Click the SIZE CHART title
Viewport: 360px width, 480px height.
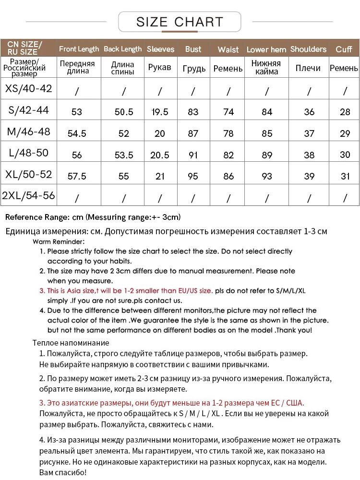(180, 22)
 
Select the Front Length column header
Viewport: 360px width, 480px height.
(79, 49)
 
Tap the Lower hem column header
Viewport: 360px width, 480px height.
(266, 49)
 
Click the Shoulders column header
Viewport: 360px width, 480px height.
(308, 49)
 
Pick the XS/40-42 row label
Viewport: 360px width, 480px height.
(28, 89)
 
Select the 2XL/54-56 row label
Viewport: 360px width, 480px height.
(28, 196)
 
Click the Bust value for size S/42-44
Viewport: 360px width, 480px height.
(193, 112)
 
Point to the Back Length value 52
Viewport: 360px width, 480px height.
(124, 133)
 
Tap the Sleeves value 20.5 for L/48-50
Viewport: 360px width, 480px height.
(160, 155)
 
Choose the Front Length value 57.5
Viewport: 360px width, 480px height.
(77, 176)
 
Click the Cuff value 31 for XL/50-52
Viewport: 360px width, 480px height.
(345, 176)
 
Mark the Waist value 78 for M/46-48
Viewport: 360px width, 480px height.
(228, 133)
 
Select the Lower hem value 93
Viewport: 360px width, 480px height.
(267, 176)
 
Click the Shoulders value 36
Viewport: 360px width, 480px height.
(309, 112)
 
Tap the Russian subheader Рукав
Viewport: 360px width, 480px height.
(160, 67)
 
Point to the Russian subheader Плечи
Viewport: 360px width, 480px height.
(308, 68)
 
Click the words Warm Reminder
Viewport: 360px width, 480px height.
(59, 241)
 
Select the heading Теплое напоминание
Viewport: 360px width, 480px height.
(71, 343)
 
